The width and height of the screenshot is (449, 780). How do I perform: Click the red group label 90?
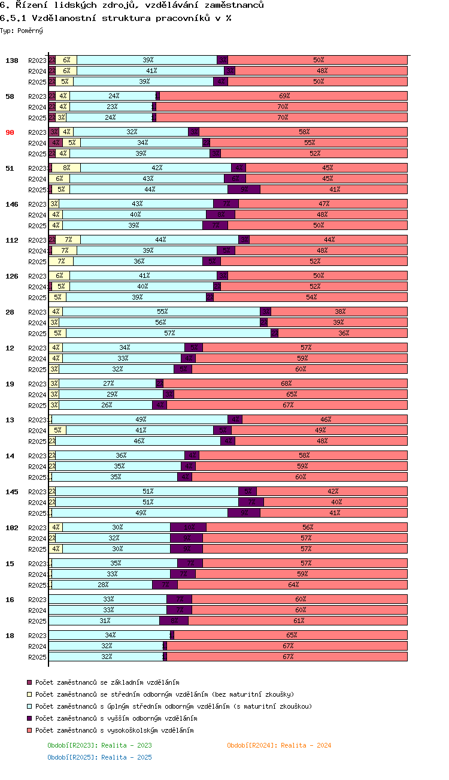[x=10, y=132]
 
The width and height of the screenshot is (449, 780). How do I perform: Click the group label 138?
[x=12, y=61]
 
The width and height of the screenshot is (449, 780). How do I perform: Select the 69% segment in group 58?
[x=284, y=96]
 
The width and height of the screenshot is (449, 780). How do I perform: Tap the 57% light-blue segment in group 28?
[x=169, y=334]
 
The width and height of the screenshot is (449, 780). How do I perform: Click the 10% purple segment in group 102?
[x=189, y=528]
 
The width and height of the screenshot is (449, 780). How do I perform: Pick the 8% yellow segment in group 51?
[x=66, y=168]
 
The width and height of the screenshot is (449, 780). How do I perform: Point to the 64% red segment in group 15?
[x=293, y=585]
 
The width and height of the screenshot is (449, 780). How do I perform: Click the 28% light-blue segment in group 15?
[x=102, y=585]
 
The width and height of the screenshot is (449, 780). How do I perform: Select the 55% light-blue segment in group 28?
[x=162, y=312]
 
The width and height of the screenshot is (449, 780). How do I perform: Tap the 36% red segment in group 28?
[x=343, y=334]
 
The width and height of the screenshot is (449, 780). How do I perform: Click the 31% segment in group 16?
[x=104, y=621]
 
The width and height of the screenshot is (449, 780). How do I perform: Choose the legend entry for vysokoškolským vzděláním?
[x=114, y=730]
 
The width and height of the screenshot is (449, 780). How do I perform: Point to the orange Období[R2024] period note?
[x=279, y=745]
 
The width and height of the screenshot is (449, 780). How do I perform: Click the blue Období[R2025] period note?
[x=99, y=757]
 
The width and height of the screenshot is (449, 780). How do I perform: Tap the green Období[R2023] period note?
[x=99, y=745]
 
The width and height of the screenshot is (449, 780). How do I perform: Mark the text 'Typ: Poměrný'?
[x=22, y=30]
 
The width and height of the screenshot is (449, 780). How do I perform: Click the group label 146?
[x=12, y=204]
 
